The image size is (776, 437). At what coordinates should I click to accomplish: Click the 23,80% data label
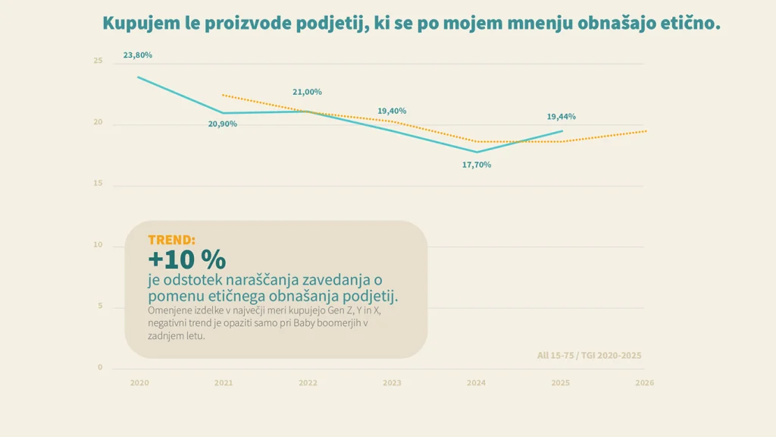(x=138, y=55)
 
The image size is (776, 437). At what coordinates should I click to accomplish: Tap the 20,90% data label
(x=222, y=124)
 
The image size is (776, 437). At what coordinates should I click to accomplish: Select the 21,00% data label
(x=307, y=92)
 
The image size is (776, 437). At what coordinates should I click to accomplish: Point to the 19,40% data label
(x=392, y=111)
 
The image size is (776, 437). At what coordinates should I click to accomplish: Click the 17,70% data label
(x=477, y=165)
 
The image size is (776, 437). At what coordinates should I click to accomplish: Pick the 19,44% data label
(x=562, y=117)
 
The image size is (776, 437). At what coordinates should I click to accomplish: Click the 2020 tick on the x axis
(x=139, y=383)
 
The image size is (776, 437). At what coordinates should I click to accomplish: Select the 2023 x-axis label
(x=392, y=383)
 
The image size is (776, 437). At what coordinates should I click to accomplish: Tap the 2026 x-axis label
(x=644, y=383)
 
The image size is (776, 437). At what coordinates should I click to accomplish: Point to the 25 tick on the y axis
(x=98, y=61)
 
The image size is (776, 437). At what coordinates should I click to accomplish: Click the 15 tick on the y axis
(x=98, y=184)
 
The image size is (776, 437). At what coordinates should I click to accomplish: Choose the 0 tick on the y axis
(x=100, y=368)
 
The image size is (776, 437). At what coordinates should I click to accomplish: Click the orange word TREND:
(x=172, y=240)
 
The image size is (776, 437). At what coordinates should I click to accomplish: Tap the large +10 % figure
(x=187, y=259)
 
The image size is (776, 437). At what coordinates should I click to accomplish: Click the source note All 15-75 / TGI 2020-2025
(x=590, y=355)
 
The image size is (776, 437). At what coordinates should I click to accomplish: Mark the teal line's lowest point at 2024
(x=477, y=152)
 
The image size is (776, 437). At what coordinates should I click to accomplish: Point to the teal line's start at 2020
(x=139, y=77)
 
